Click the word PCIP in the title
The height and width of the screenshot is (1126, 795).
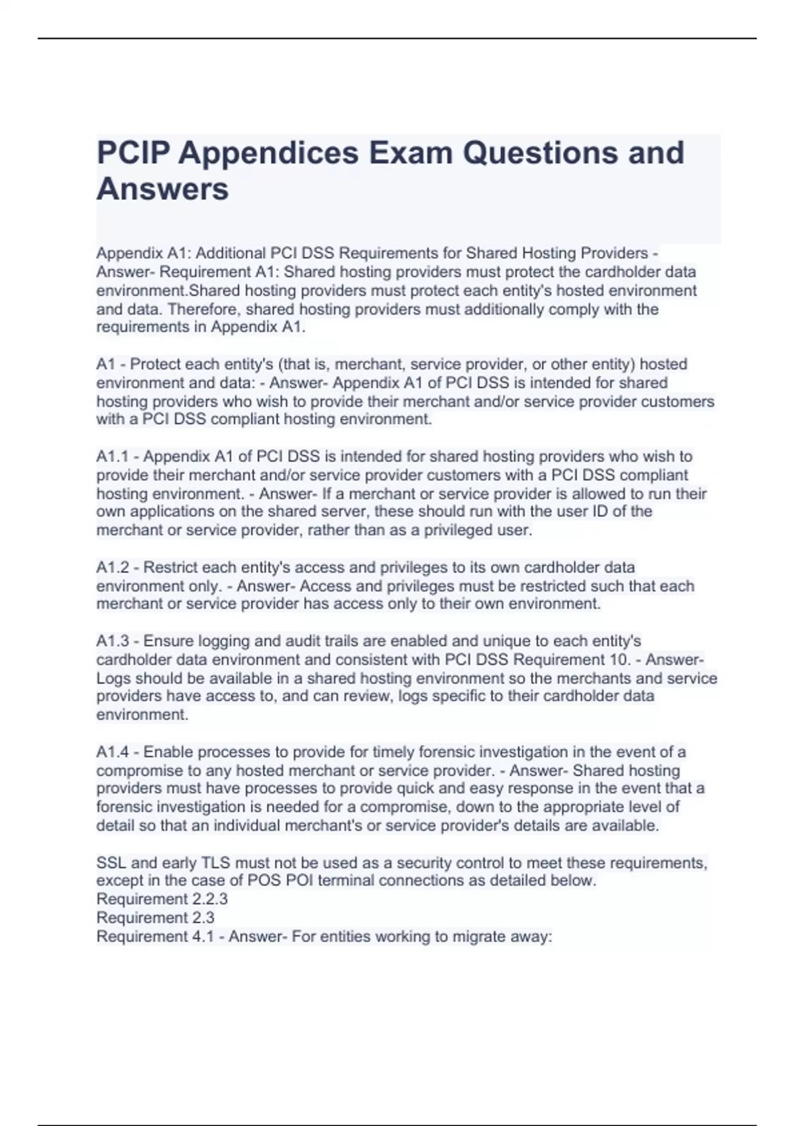[x=131, y=153]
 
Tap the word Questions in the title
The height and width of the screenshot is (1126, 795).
[x=540, y=153]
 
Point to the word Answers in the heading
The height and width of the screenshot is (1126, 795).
[x=162, y=189]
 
